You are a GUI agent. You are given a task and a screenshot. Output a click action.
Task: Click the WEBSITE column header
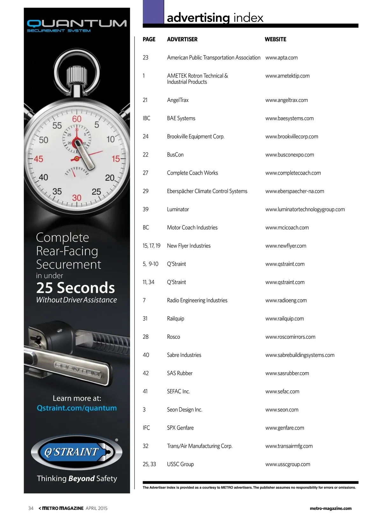click(x=275, y=40)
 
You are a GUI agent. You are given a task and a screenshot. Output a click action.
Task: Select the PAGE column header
click(x=149, y=40)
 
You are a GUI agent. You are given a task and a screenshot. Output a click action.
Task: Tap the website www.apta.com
click(x=281, y=58)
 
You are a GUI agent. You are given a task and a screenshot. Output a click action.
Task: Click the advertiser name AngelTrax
click(x=178, y=100)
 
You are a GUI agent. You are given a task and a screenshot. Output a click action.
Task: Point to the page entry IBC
click(x=146, y=118)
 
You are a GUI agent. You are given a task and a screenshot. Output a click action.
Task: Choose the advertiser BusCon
click(x=175, y=155)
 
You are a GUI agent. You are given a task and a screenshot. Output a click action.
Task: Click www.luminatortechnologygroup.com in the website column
click(x=305, y=209)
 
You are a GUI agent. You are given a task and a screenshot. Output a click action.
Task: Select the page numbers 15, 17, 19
click(x=152, y=246)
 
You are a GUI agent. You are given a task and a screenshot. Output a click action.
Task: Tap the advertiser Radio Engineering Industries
click(x=197, y=300)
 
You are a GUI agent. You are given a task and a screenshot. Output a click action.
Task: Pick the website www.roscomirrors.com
click(x=290, y=337)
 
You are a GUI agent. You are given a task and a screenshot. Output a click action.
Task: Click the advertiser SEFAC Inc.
click(x=178, y=391)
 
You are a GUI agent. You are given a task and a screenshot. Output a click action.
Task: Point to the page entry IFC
click(x=146, y=428)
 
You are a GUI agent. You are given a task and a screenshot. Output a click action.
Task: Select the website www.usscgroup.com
click(x=288, y=464)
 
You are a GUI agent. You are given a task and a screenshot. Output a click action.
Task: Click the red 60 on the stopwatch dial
click(x=77, y=119)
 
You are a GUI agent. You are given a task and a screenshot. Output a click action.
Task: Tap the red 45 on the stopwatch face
click(x=39, y=159)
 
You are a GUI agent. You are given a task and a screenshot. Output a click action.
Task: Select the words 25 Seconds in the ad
click(x=75, y=288)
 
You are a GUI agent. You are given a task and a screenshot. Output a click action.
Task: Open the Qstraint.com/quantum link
click(x=77, y=408)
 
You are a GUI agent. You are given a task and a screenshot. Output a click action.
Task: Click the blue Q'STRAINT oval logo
click(x=77, y=452)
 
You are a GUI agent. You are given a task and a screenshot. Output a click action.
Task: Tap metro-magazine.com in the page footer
click(x=330, y=508)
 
